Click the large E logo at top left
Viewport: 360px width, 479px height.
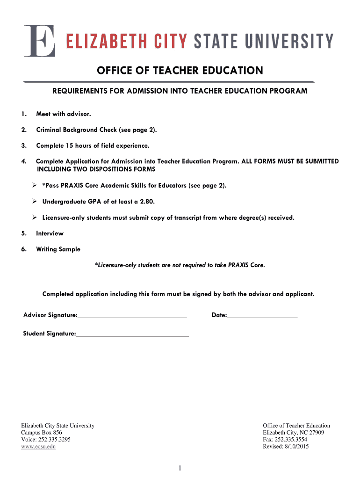(40, 41)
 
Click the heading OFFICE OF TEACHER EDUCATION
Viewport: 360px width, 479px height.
(180, 71)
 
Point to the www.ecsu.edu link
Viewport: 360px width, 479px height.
(39, 447)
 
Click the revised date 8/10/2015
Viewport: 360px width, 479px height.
(296, 447)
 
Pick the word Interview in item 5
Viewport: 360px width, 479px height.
(50, 233)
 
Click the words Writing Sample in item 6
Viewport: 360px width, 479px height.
(58, 249)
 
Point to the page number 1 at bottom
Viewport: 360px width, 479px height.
(180, 468)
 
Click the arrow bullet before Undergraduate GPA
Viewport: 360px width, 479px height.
(35, 202)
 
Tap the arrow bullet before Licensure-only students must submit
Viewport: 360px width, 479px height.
(35, 218)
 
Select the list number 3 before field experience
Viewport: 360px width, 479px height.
(23, 145)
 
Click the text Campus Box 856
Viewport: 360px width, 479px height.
(42, 433)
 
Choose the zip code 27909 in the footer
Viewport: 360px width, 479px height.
(316, 433)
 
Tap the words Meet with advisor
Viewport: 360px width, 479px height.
(64, 114)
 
